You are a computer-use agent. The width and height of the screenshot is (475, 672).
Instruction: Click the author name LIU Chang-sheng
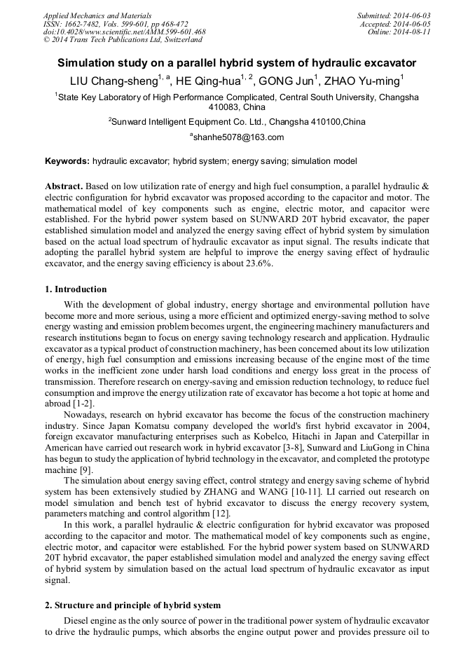(x=114, y=81)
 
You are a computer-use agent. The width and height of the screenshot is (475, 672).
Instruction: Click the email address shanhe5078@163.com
(x=238, y=137)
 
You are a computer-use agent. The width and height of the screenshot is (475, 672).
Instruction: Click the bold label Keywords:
(x=67, y=161)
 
